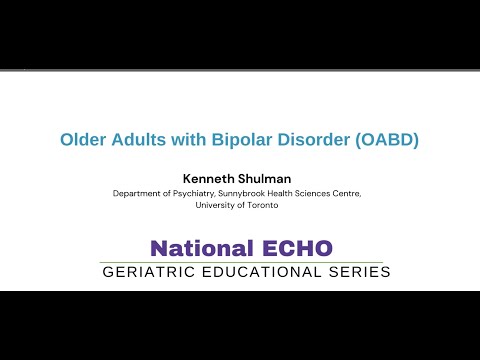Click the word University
click(219, 204)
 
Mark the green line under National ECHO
click(240, 262)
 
